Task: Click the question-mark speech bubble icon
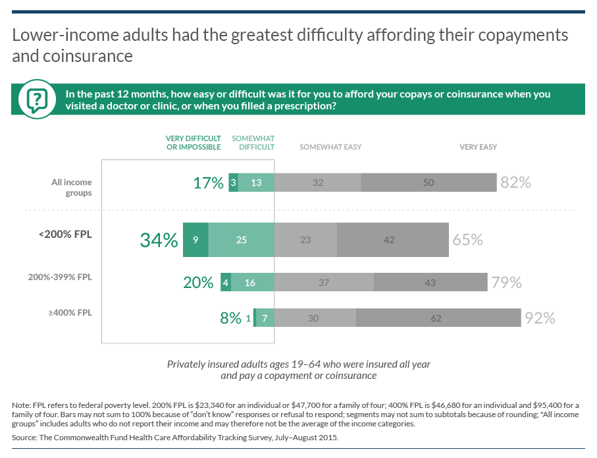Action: (38, 99)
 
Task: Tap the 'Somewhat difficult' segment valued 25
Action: (241, 240)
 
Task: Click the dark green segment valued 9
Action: (195, 240)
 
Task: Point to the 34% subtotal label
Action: (159, 240)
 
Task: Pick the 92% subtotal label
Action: (540, 318)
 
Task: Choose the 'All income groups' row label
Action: (72, 187)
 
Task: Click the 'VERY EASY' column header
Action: (478, 147)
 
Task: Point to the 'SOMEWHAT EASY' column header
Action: (330, 147)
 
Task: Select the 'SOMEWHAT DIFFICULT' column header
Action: (253, 142)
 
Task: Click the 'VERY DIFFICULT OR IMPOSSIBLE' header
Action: (193, 142)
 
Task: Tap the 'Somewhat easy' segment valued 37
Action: (324, 283)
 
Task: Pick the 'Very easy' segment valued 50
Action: (428, 183)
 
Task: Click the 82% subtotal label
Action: (515, 183)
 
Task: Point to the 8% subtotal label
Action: (230, 318)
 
